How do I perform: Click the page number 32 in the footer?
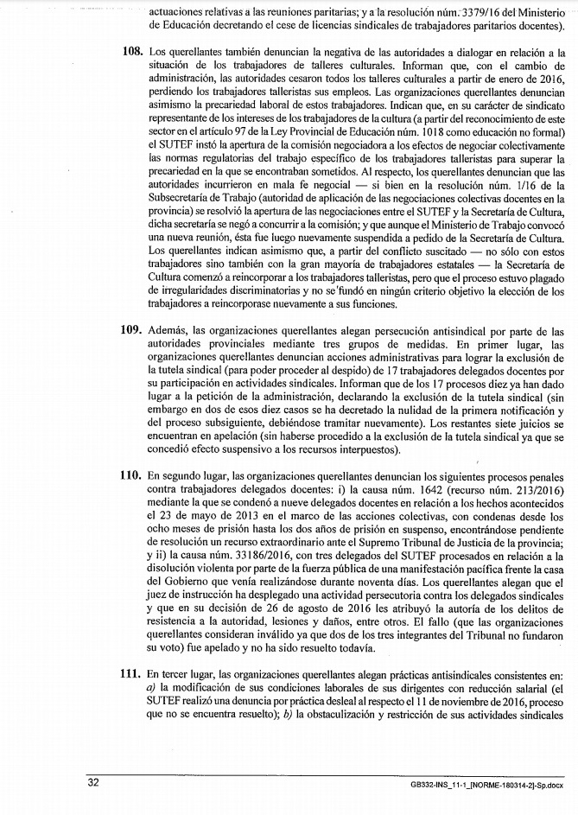(x=93, y=782)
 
